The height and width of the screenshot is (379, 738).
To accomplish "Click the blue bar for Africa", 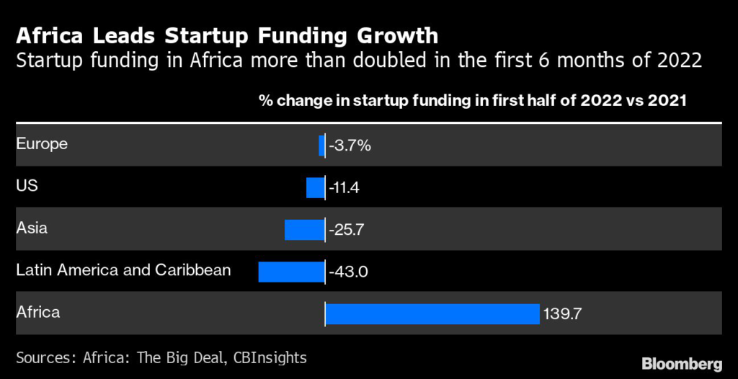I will tap(432, 314).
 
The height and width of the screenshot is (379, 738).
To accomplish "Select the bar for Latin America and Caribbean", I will tap(291, 272).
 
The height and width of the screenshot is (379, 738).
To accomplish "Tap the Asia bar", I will tap(304, 230).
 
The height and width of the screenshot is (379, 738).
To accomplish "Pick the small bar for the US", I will tap(315, 188).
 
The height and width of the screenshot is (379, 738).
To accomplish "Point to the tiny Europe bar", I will tap(321, 146).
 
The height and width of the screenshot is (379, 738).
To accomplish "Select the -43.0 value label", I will tap(349, 272).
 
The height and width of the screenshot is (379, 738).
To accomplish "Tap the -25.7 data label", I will tap(348, 230).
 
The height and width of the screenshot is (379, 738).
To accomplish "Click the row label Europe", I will tap(42, 143).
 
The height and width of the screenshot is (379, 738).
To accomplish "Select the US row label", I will tap(27, 186).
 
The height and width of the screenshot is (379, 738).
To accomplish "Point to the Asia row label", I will tap(32, 228).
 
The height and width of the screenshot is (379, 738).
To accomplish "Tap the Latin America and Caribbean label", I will tap(123, 270).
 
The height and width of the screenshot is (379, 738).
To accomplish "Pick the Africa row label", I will tap(37, 313).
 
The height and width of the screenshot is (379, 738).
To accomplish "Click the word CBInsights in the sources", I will tap(271, 357).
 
